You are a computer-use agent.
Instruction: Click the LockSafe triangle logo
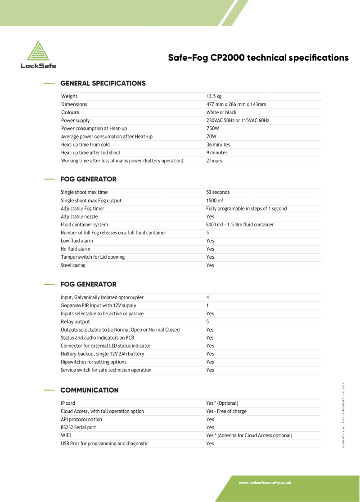[x=38, y=51]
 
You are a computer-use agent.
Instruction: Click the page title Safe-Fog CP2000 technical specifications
[x=258, y=58]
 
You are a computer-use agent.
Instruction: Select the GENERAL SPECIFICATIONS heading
[x=103, y=83]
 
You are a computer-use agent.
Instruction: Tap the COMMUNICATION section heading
[x=90, y=390]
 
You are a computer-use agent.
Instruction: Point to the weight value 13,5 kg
[x=214, y=96]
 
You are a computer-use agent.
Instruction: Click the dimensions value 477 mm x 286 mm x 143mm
[x=236, y=104]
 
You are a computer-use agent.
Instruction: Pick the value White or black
[x=221, y=112]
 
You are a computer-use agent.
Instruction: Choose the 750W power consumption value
[x=212, y=128]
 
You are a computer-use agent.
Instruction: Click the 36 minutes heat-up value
[x=218, y=144]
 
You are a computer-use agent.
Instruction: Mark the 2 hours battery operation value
[x=214, y=161]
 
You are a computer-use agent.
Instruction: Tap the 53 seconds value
[x=218, y=192]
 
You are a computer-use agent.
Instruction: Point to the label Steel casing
[x=73, y=265]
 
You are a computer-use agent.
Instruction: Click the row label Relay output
[x=75, y=322]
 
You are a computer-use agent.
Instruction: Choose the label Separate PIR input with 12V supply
[x=98, y=305]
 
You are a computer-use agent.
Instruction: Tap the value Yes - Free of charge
[x=226, y=411]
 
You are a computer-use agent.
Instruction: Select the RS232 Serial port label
[x=78, y=427]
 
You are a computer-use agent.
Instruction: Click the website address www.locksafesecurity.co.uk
[x=265, y=483]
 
